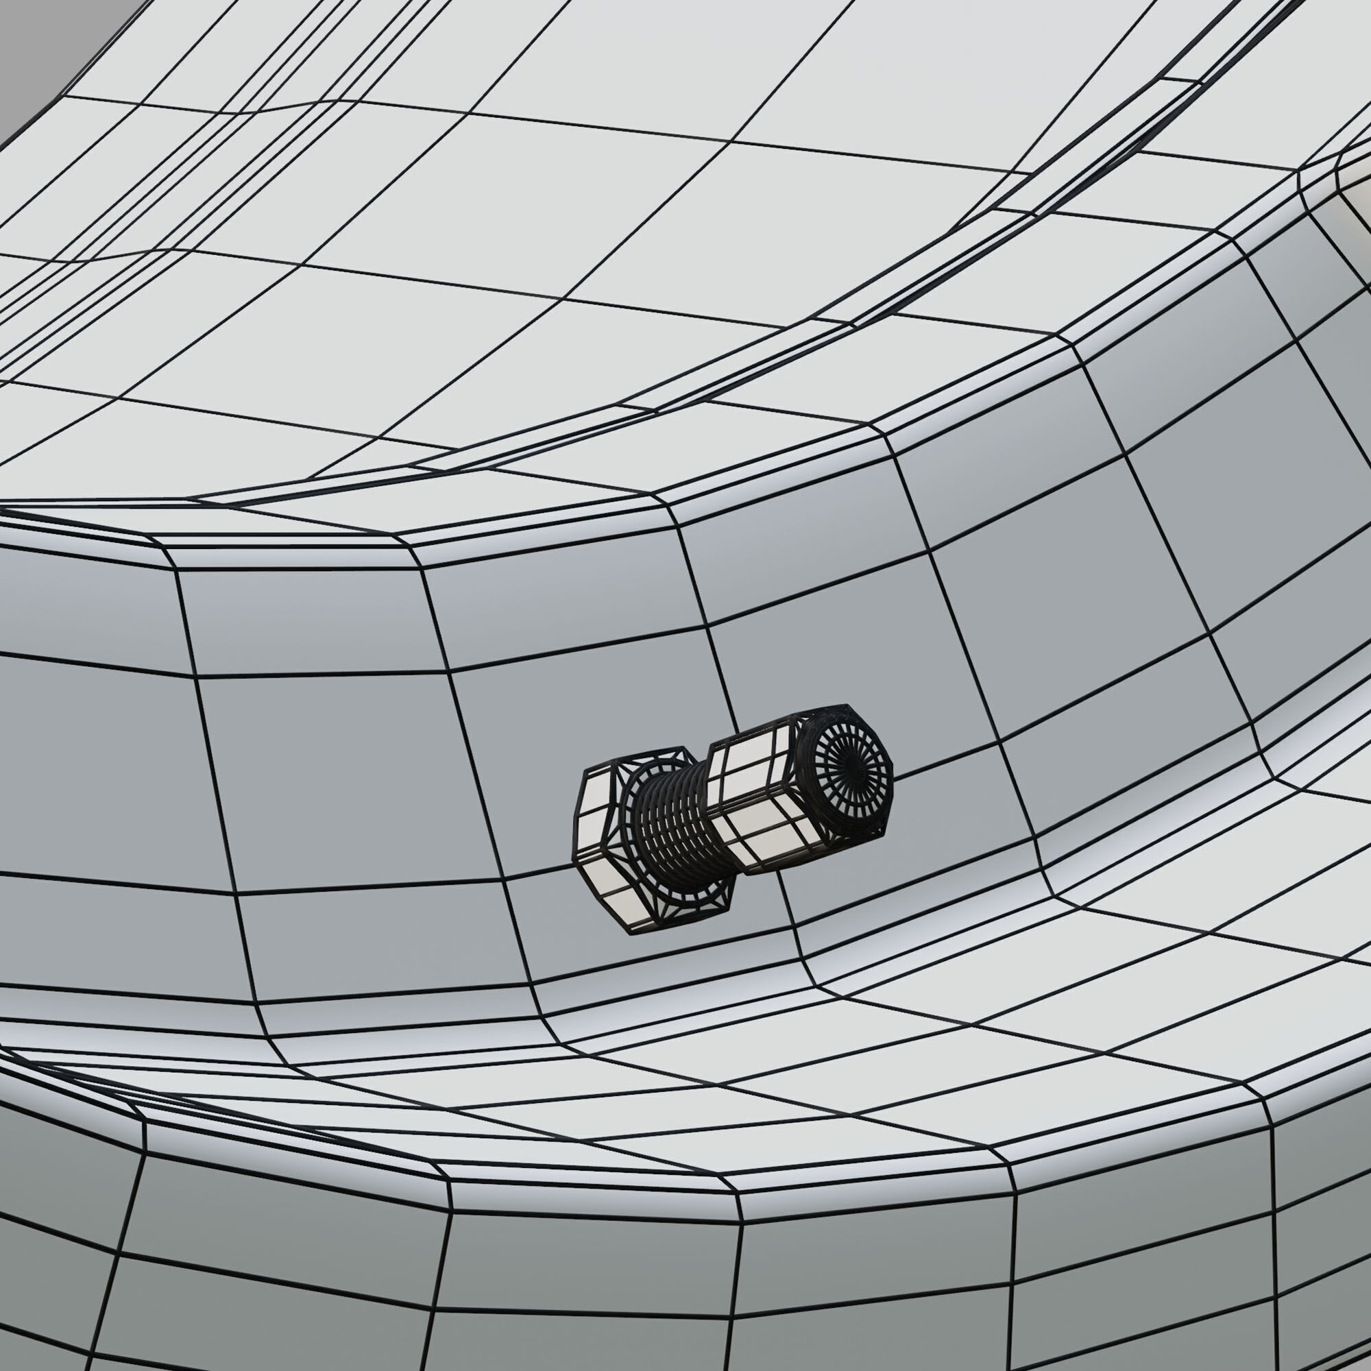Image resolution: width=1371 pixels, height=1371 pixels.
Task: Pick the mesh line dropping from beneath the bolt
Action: (794, 915)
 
